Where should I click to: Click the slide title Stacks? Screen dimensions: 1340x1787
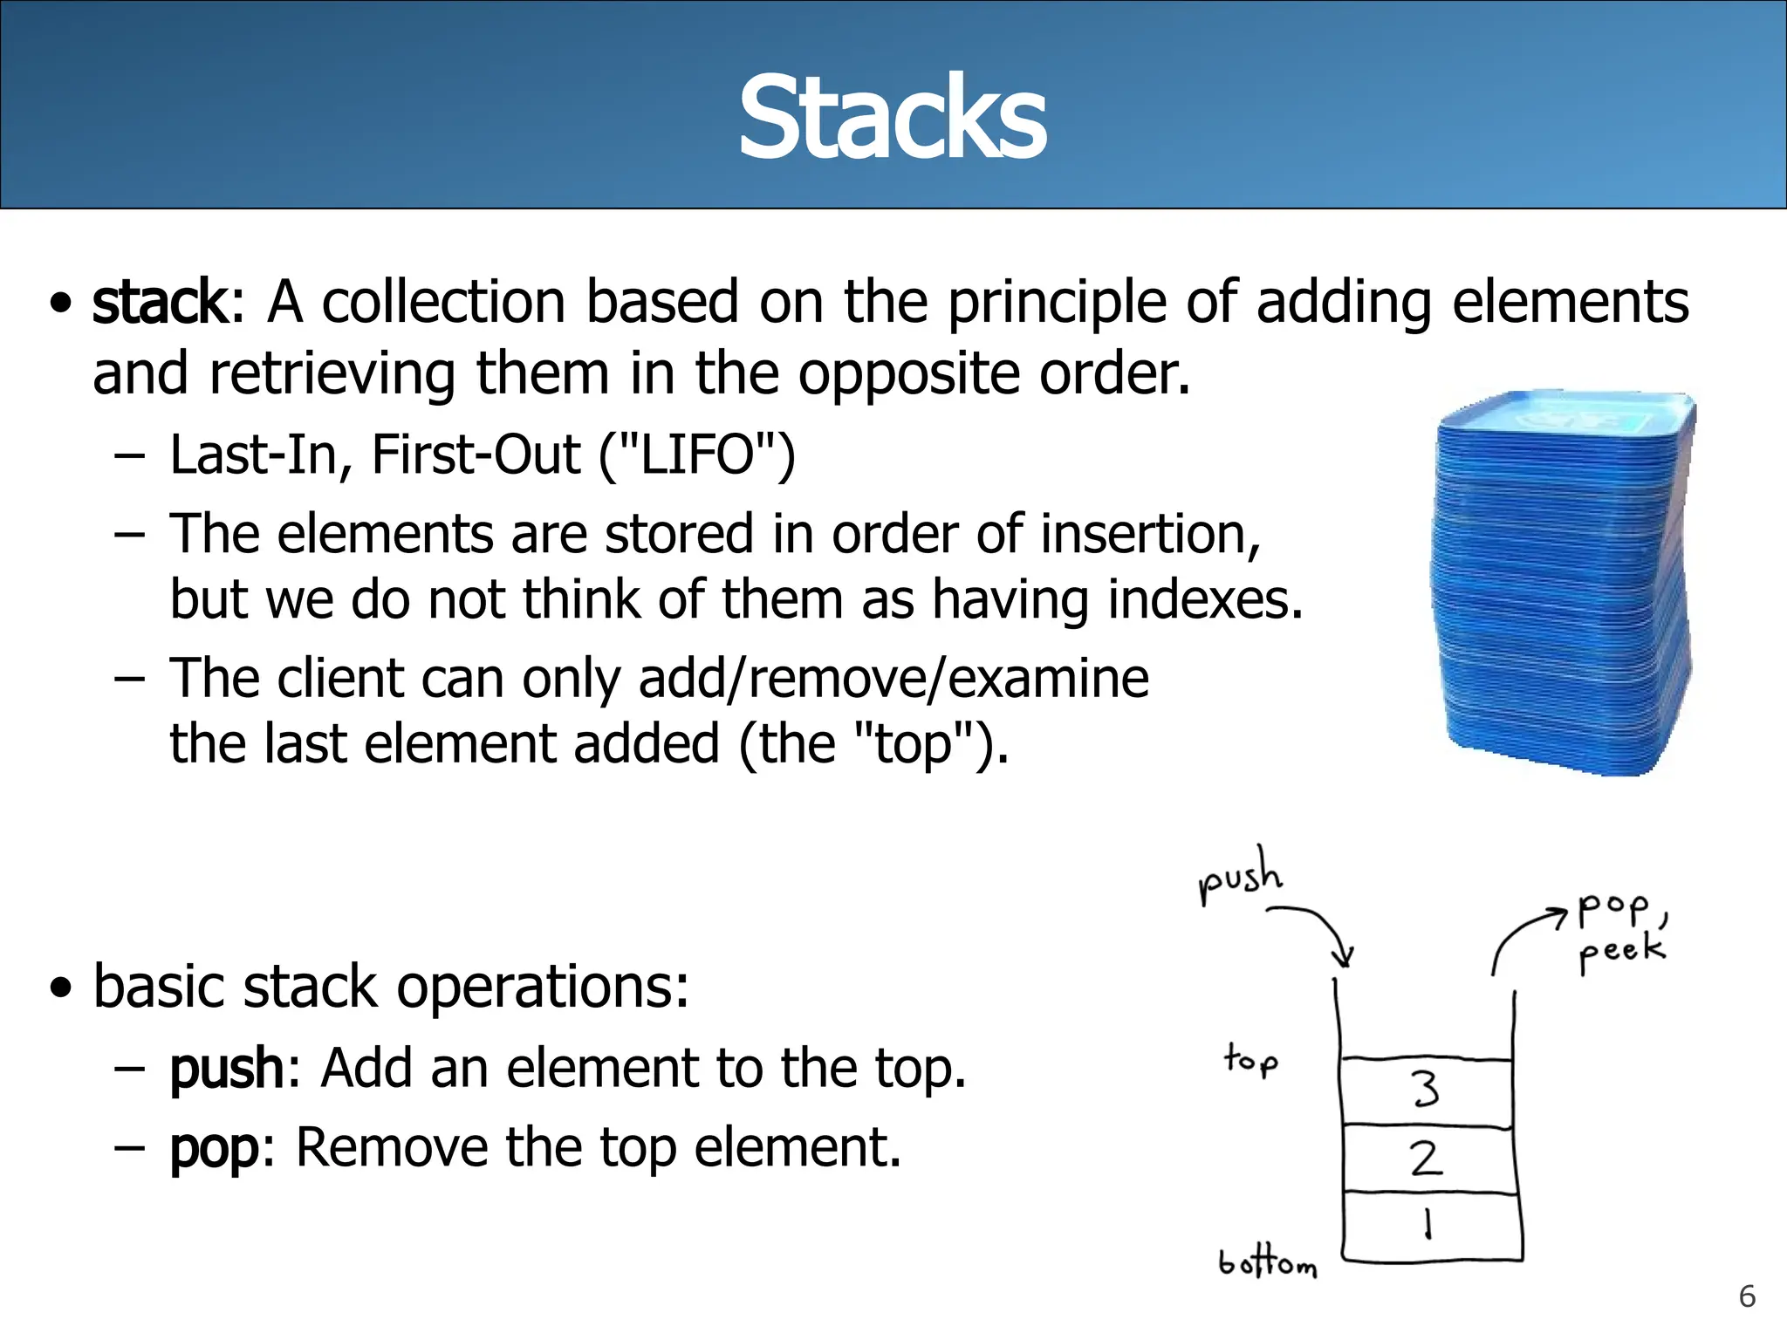click(892, 118)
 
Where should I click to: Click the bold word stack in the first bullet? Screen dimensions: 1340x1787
click(161, 303)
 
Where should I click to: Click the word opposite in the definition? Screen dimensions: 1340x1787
click(908, 374)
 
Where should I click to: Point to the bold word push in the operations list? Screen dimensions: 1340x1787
click(226, 1069)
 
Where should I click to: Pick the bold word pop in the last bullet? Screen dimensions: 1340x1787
click(214, 1148)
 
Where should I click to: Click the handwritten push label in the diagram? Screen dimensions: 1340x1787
click(1241, 876)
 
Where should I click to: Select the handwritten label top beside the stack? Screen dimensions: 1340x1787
click(1250, 1061)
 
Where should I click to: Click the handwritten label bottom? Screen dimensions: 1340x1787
click(1267, 1262)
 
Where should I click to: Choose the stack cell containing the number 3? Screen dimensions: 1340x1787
click(1426, 1090)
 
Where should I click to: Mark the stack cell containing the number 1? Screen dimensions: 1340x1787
click(1429, 1225)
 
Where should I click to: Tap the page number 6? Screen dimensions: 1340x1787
click(1747, 1296)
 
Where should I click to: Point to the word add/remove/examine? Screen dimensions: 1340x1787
click(893, 679)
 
